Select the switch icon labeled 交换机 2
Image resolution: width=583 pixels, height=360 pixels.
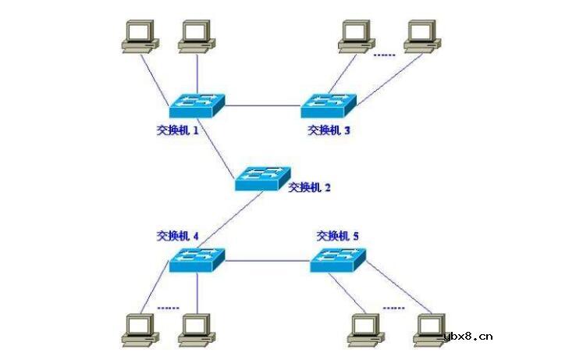[x=263, y=179]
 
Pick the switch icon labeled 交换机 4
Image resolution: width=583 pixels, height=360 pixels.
[x=197, y=259]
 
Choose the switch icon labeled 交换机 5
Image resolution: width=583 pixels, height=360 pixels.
[x=338, y=259]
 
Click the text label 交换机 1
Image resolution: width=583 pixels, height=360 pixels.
[x=178, y=130]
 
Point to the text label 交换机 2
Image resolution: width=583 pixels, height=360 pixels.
[x=310, y=187]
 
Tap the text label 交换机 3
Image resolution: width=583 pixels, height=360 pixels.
[x=329, y=130]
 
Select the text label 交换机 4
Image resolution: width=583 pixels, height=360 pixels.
[x=178, y=235]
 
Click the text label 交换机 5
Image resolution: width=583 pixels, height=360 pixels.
[x=338, y=235]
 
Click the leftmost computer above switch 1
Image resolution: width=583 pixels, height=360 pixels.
[x=140, y=35]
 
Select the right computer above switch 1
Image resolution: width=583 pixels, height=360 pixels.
[x=196, y=35]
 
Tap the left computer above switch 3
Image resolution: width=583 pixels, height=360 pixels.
[x=357, y=35]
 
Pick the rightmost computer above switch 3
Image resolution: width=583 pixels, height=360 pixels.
[x=421, y=35]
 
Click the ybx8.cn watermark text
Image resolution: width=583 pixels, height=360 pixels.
[x=468, y=337]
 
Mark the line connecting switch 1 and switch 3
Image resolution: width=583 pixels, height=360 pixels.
[x=263, y=105]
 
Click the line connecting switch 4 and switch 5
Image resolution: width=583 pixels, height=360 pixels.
[x=267, y=259]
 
